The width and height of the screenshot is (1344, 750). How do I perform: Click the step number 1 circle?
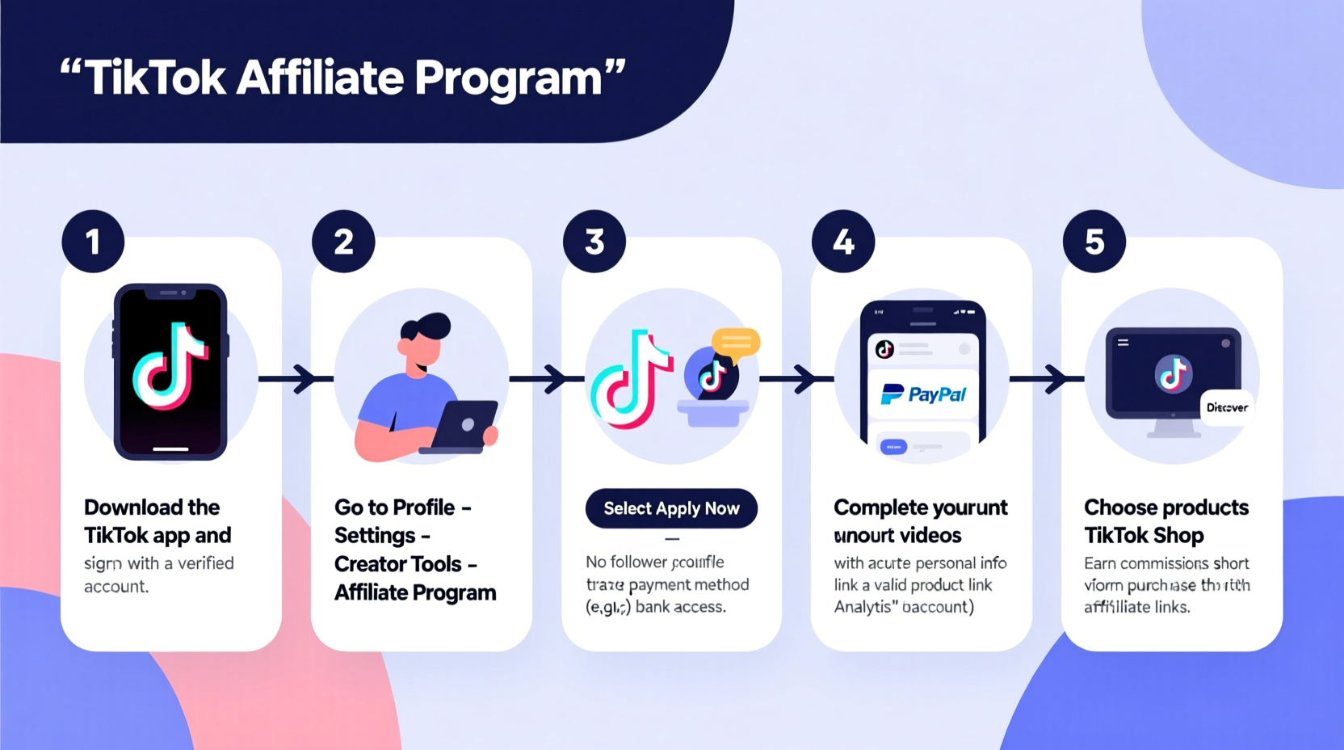coord(93,241)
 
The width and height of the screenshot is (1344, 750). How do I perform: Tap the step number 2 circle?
coord(343,241)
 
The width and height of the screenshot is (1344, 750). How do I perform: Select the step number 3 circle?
coord(594,241)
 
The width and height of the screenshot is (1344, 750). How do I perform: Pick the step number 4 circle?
coord(843,241)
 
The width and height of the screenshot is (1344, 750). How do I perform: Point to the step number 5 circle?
coord(1094,241)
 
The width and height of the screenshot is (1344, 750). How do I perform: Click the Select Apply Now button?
coord(671,508)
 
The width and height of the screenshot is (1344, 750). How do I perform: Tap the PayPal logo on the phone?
coord(923,394)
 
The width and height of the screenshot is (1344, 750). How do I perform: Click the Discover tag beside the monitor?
coord(1227,407)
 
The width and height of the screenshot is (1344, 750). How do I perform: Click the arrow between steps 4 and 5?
coord(1047,378)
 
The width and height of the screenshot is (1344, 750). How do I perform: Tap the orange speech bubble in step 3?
coord(735,341)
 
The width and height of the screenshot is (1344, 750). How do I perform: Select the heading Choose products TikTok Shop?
coord(1165,521)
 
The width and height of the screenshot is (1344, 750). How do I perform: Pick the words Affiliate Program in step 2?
coord(415,592)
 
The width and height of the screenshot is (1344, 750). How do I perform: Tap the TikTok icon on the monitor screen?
coord(1173,373)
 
